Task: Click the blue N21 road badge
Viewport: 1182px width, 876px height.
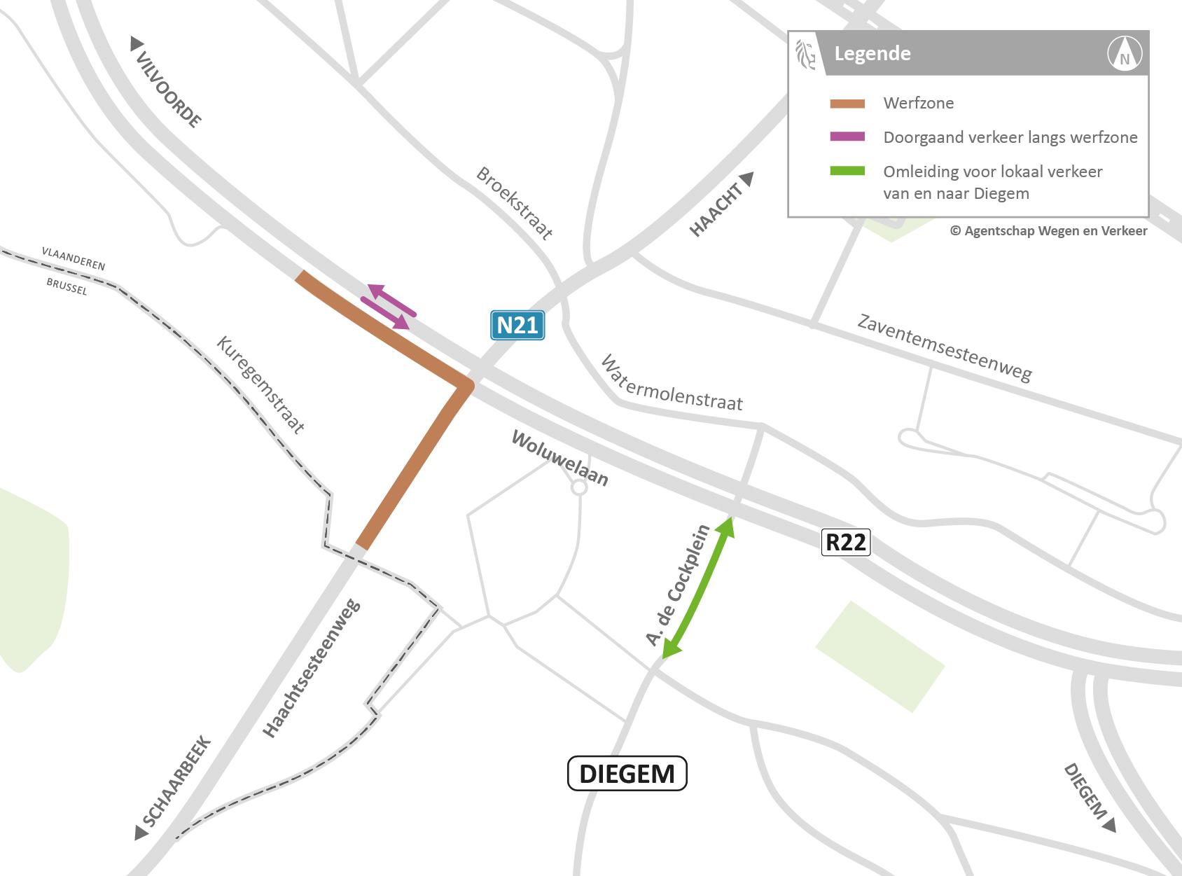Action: (x=517, y=326)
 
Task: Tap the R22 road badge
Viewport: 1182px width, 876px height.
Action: (x=846, y=543)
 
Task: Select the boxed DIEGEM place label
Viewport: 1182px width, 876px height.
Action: (x=627, y=774)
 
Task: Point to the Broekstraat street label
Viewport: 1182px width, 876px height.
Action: (x=515, y=204)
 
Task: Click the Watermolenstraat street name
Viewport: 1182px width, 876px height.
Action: (x=672, y=383)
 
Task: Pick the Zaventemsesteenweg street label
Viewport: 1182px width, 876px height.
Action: (x=945, y=348)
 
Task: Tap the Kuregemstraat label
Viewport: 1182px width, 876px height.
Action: (x=260, y=386)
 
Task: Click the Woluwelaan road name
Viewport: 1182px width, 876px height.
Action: (x=560, y=459)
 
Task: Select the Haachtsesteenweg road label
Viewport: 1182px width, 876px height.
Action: (x=312, y=667)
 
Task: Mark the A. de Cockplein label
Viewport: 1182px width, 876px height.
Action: (x=677, y=585)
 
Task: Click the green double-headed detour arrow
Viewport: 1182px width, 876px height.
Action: (x=697, y=588)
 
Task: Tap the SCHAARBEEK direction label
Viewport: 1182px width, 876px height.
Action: (x=175, y=784)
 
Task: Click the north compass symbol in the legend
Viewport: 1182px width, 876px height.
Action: (x=1125, y=54)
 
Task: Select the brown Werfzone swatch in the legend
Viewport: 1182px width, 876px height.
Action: (x=847, y=104)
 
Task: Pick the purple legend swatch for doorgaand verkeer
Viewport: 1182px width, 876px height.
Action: (x=847, y=137)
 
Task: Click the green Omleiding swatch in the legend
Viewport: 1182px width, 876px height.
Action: (x=847, y=172)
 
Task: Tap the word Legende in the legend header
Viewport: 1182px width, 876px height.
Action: (x=872, y=54)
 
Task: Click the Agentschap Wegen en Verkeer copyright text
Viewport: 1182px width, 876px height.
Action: (x=1048, y=230)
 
